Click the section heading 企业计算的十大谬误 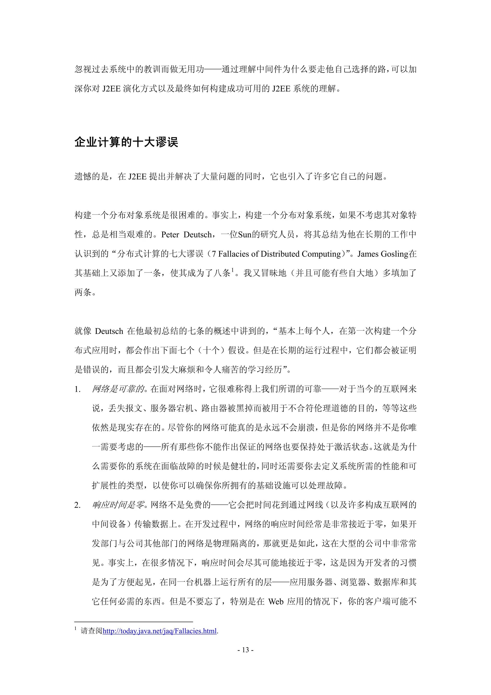pos(126,142)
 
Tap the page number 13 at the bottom pos(245,650)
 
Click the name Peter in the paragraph pos(170,235)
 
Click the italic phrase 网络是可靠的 pos(118,389)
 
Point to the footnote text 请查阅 pos(92,631)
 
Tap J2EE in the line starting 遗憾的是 pos(137,177)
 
